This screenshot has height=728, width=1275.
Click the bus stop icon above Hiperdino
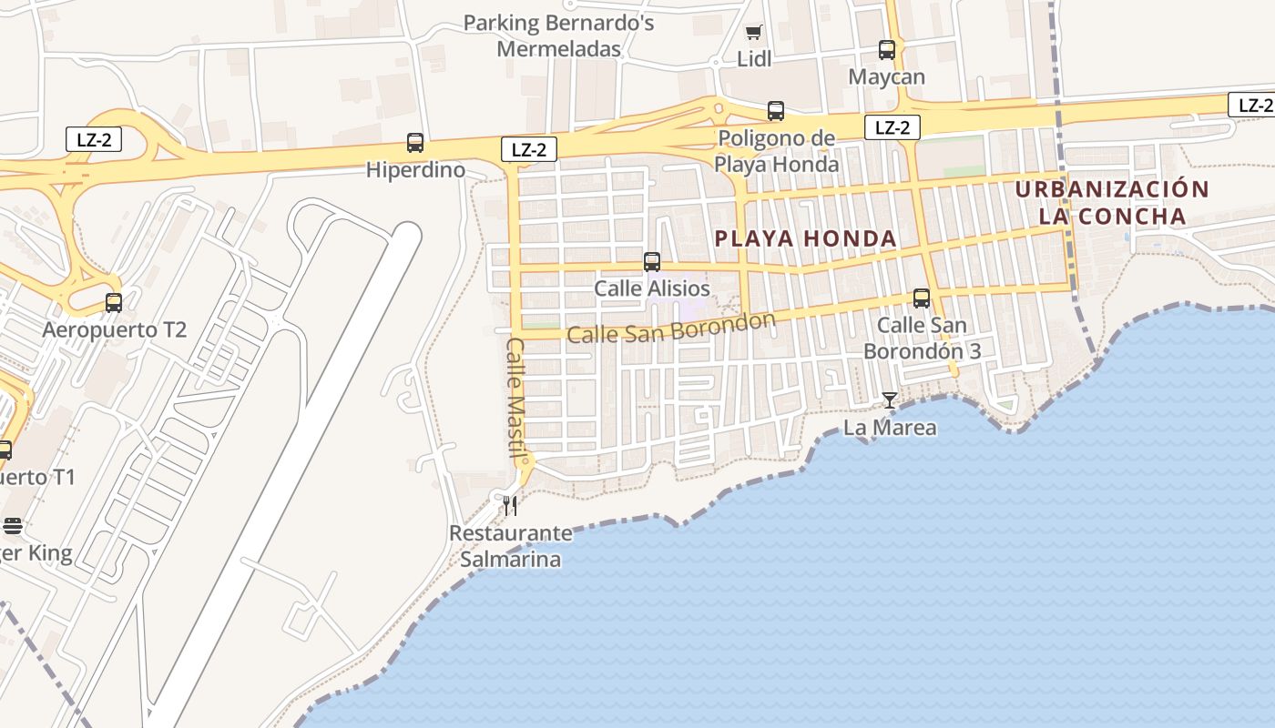click(415, 143)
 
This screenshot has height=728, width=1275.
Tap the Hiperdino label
click(415, 170)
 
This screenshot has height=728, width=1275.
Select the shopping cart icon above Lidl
click(753, 33)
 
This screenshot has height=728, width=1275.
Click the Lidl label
click(754, 59)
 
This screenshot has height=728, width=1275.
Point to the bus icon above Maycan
click(887, 50)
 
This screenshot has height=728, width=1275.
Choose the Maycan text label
click(887, 77)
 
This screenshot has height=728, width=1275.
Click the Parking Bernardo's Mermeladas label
click(559, 35)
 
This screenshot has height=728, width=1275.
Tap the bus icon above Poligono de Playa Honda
click(776, 111)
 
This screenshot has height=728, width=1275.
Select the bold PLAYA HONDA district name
click(806, 239)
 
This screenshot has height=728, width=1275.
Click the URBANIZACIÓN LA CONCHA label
click(1112, 203)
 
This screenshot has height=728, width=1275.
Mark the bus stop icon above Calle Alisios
click(652, 262)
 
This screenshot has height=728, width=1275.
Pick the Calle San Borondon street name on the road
click(671, 328)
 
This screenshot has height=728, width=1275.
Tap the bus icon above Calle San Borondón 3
click(922, 298)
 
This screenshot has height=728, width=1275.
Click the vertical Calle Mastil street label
click(516, 398)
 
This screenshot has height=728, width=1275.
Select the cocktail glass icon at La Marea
click(890, 400)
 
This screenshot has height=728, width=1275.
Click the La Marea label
click(890, 428)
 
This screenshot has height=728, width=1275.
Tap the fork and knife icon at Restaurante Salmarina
click(511, 506)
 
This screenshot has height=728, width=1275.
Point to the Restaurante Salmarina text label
click(511, 546)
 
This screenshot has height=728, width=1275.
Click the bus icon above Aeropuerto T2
click(114, 303)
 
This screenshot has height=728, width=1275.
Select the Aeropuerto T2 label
click(114, 329)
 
